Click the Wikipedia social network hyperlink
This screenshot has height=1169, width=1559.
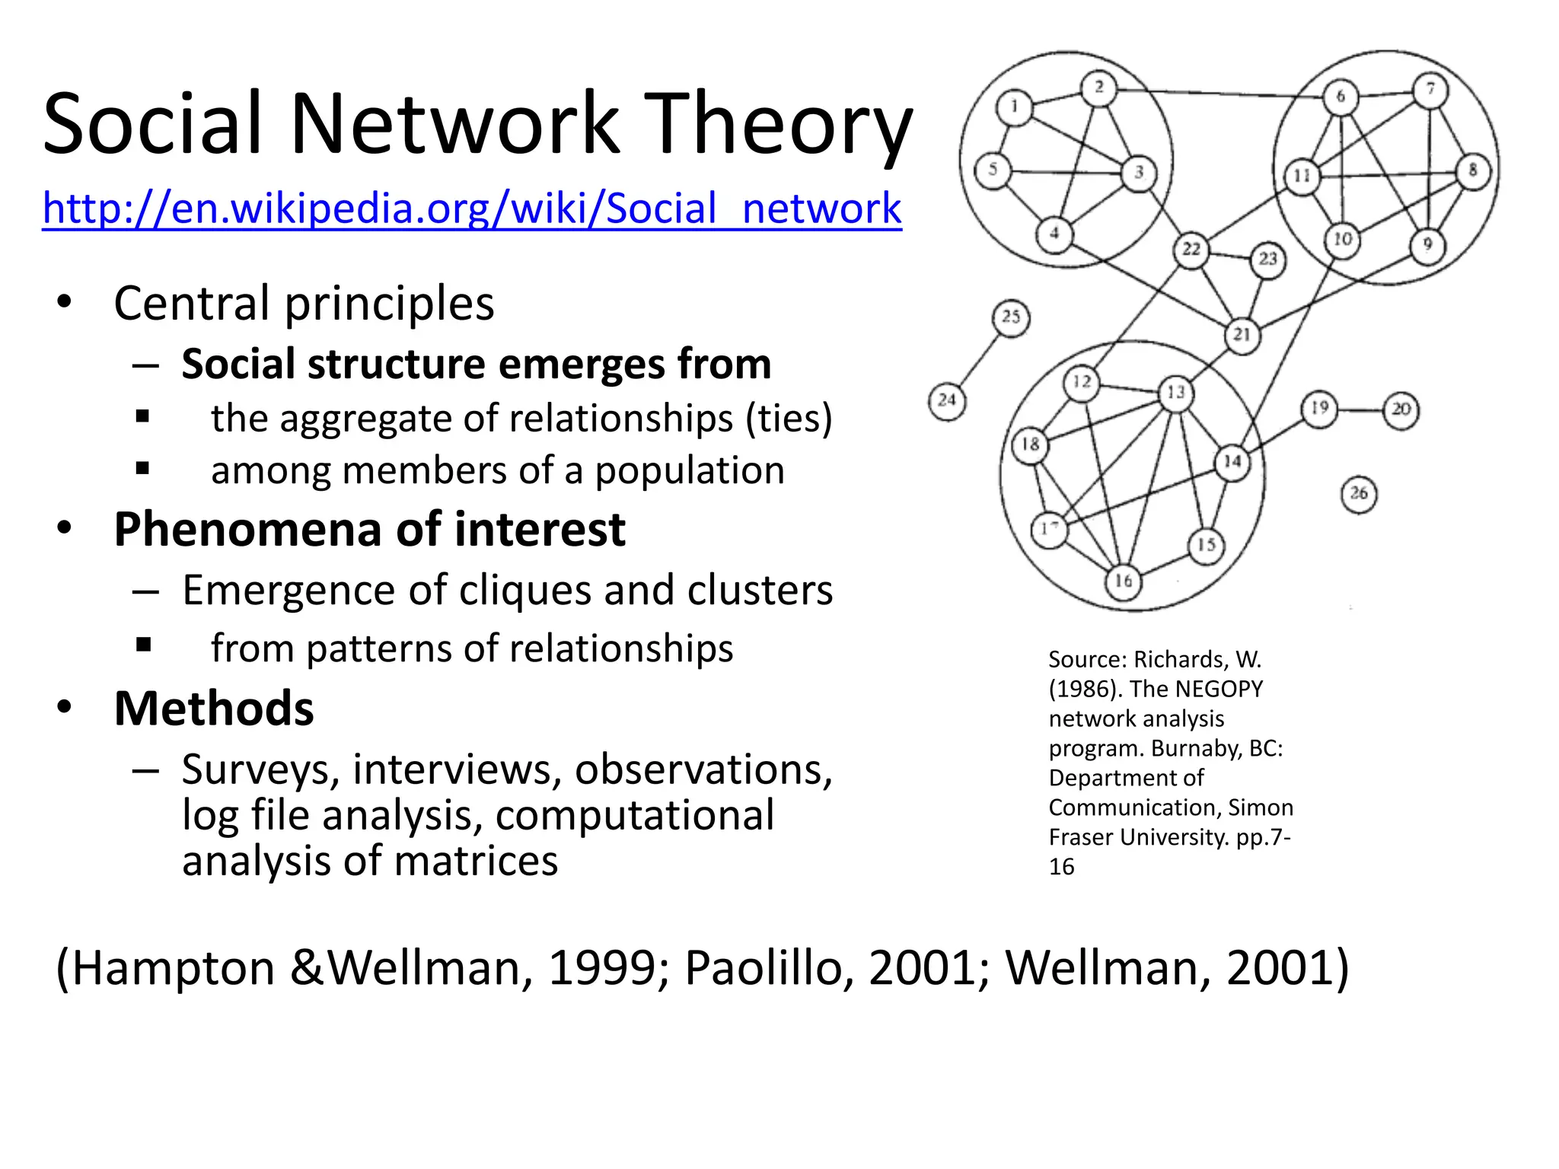click(472, 208)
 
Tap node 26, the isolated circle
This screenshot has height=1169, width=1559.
click(1359, 494)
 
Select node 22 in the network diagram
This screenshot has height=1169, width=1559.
click(1191, 250)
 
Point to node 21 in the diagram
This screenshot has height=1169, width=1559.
click(1242, 334)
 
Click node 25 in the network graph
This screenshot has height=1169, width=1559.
click(1011, 317)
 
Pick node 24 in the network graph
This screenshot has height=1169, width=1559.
click(947, 400)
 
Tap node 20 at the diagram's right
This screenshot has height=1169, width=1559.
click(1401, 410)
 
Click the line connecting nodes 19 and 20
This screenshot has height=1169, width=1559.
click(1360, 410)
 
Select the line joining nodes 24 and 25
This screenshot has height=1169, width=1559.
click(979, 358)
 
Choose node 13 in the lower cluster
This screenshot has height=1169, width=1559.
click(1176, 393)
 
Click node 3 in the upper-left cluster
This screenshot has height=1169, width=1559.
click(1139, 173)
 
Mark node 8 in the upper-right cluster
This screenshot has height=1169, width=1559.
click(1473, 170)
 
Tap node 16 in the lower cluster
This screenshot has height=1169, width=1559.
click(1124, 581)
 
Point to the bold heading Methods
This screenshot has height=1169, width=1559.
click(214, 709)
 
